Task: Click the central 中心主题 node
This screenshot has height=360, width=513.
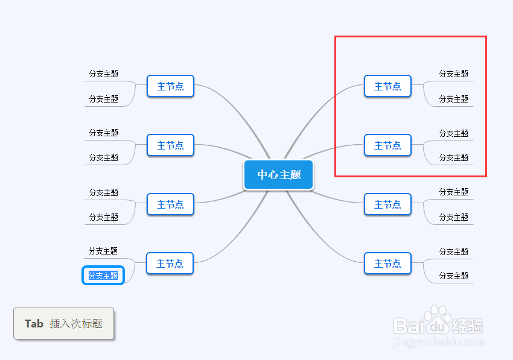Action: point(278,175)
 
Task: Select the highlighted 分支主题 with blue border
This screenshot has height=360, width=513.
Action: point(103,276)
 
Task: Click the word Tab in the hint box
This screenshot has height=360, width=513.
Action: point(34,324)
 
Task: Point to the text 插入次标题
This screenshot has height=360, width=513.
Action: point(76,324)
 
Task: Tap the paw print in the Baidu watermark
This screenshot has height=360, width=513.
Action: point(438,319)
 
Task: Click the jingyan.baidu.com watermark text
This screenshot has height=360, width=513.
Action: point(438,343)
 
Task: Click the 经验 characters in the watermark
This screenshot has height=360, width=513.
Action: point(468,326)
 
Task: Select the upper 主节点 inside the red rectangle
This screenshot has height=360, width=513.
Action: point(387,86)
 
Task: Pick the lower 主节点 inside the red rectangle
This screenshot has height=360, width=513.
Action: point(387,145)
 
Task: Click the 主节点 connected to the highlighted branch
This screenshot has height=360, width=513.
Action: point(170,263)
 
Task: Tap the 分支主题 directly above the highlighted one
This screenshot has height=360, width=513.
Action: point(103,251)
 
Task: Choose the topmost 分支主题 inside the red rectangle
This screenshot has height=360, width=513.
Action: point(453,74)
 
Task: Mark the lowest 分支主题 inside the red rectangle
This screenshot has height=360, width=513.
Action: point(453,157)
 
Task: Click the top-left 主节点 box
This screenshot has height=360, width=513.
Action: point(170,86)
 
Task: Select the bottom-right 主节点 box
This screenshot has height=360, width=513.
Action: point(387,263)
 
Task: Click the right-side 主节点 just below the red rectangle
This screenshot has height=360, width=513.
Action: point(387,204)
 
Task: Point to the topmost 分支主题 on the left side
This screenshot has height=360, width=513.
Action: point(104,74)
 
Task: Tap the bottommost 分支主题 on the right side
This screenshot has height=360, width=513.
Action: point(453,276)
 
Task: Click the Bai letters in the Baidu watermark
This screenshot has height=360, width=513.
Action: point(409,326)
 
